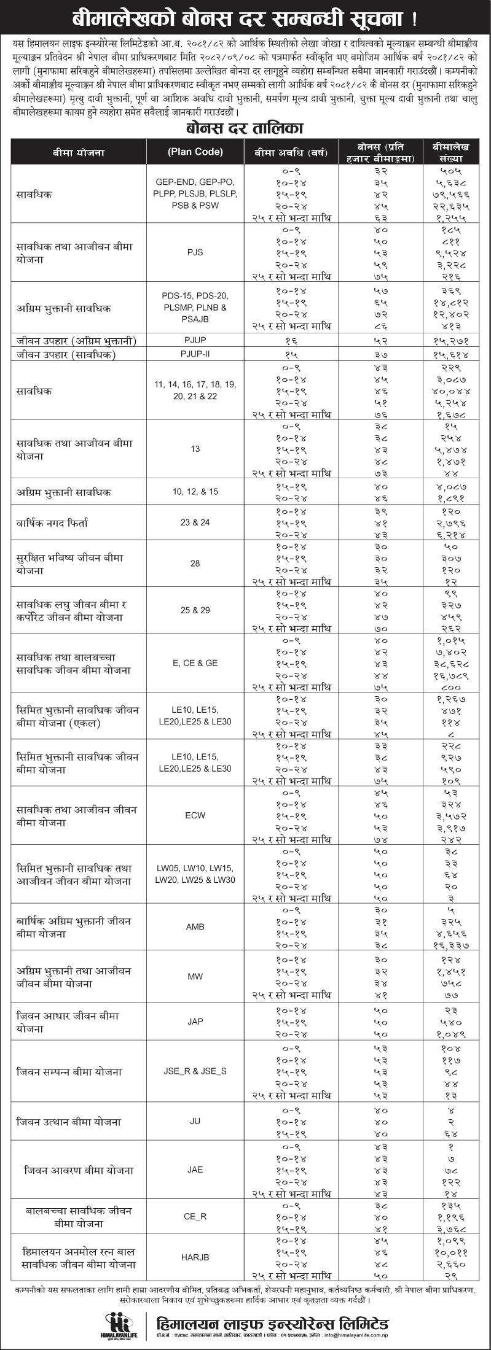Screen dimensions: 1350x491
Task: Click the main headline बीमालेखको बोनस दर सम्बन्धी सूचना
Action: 245,18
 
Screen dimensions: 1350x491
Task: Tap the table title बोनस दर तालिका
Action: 245,128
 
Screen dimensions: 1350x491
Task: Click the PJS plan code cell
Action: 195,252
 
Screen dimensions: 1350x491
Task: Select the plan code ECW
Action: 195,816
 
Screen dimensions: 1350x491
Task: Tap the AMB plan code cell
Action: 195,927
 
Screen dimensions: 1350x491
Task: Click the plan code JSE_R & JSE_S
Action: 195,1071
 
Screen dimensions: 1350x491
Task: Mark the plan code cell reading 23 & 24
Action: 195,522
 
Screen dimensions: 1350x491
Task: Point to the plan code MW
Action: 195,977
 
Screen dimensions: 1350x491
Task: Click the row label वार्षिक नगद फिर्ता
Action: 52,523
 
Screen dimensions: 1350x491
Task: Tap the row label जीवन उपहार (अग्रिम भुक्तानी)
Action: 77,341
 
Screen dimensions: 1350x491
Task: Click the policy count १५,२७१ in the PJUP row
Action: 451,341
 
